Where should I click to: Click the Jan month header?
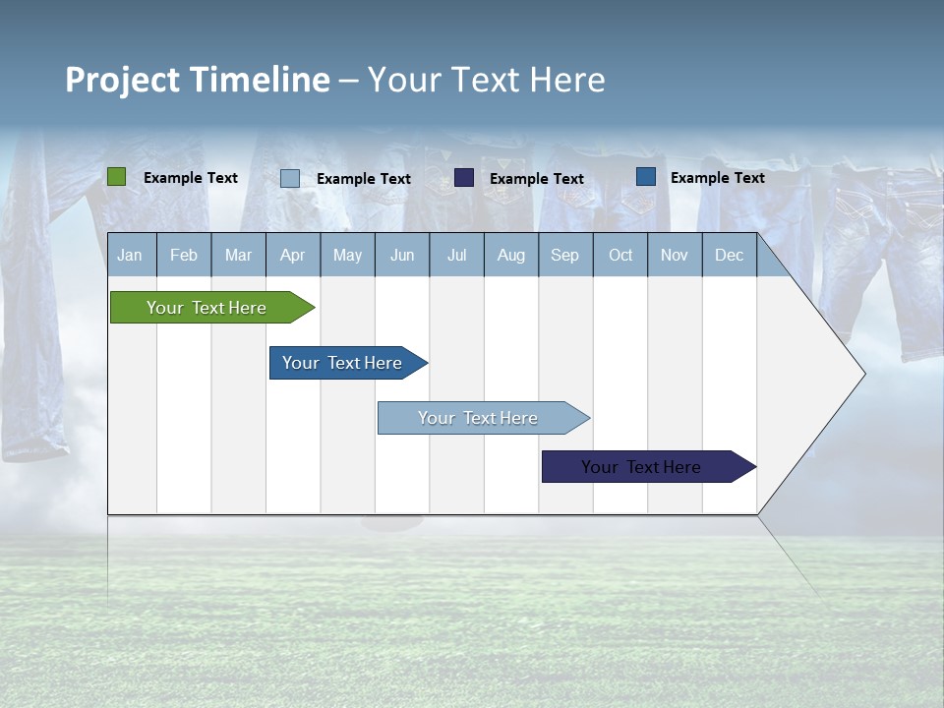click(130, 256)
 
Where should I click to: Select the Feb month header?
click(184, 256)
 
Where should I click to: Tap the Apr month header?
click(293, 256)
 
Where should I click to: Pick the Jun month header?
click(402, 256)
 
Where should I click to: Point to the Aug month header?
click(511, 256)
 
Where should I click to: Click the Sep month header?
click(565, 256)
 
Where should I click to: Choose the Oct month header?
click(620, 256)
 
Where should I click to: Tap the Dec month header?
click(730, 256)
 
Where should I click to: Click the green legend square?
click(116, 177)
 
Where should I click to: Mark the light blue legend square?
click(290, 178)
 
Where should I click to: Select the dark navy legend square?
click(464, 178)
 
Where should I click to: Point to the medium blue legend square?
click(646, 177)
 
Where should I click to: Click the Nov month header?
click(675, 256)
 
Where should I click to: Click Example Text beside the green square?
click(191, 178)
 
